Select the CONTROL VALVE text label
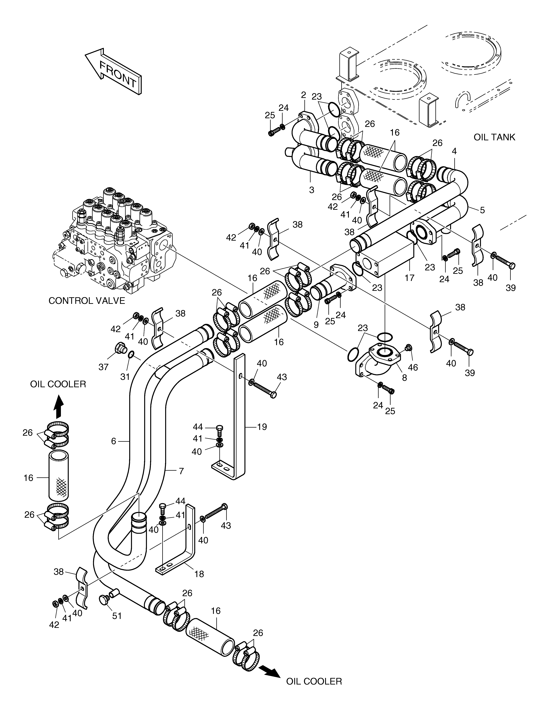pyautogui.click(x=87, y=301)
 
